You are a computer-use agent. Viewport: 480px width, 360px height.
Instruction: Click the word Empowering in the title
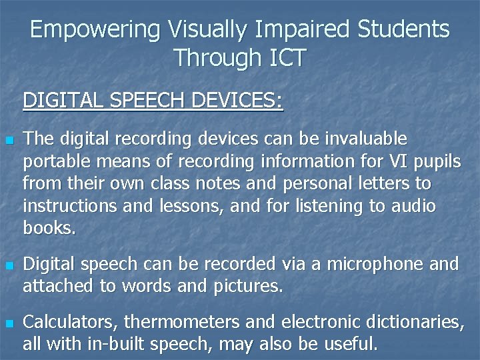pos(95,30)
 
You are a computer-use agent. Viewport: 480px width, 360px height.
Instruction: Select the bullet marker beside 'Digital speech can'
pos(9,266)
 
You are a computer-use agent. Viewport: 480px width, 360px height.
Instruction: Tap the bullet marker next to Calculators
pos(9,324)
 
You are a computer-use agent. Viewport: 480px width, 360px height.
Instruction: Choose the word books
pos(49,229)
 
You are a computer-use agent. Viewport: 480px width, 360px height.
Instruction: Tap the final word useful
pos(351,345)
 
